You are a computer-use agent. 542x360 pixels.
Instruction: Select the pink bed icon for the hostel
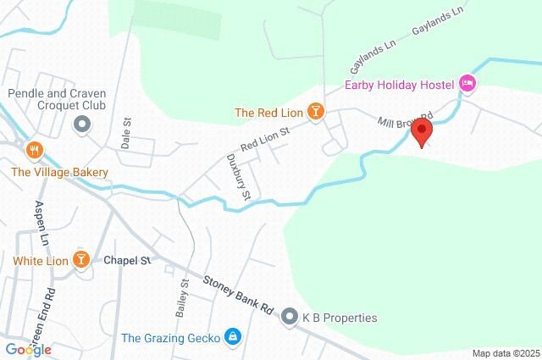tap(467, 83)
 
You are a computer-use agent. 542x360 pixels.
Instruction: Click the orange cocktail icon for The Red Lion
tap(315, 112)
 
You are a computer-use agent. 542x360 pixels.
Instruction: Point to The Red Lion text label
tap(268, 112)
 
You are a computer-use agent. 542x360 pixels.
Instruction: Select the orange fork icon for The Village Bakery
tap(35, 151)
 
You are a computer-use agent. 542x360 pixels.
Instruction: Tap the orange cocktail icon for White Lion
tap(81, 259)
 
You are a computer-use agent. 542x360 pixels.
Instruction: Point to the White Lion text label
tap(40, 260)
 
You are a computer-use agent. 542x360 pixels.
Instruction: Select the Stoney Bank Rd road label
tap(241, 292)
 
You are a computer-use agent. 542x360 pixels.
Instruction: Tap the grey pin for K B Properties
tap(289, 318)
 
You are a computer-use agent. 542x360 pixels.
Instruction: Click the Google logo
tap(27, 349)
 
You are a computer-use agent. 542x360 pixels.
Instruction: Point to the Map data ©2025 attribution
tap(505, 353)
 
